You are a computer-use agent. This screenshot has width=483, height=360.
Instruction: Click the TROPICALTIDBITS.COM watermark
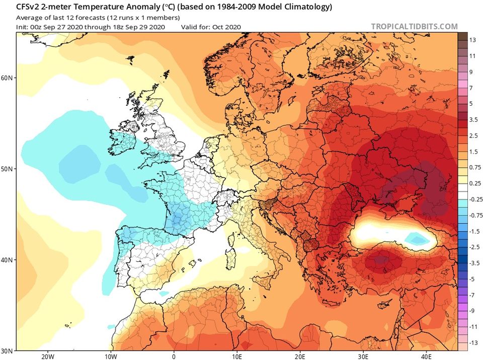[414, 27]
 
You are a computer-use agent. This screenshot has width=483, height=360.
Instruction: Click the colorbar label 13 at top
[472, 40]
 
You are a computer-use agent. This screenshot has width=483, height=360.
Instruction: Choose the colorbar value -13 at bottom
[473, 343]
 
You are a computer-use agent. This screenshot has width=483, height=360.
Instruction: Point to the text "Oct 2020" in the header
[228, 27]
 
